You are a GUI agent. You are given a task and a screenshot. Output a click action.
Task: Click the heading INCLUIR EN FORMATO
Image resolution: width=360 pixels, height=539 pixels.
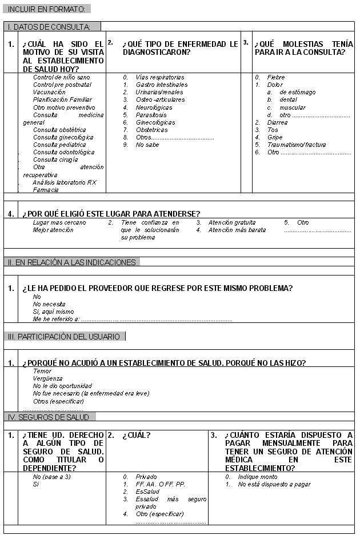point(47,9)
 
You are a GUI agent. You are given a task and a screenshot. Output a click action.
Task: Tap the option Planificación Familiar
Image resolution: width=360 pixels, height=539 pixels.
point(62,99)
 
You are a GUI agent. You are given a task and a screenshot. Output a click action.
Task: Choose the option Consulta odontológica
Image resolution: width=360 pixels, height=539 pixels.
point(63,152)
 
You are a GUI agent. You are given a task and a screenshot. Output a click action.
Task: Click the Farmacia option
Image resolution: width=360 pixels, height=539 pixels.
point(46,189)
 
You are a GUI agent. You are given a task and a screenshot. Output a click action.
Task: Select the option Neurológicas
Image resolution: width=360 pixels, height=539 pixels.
point(154,107)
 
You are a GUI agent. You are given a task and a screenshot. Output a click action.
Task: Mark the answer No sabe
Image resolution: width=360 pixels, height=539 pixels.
point(147,145)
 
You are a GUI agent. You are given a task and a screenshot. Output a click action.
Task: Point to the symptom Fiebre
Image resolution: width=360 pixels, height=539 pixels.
point(276,77)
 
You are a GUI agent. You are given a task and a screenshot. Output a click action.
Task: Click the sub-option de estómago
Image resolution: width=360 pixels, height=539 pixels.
point(297,92)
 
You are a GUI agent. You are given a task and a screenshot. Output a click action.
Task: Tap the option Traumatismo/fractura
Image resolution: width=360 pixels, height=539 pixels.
point(297,145)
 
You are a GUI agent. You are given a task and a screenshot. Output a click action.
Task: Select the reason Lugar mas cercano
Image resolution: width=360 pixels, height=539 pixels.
point(59,222)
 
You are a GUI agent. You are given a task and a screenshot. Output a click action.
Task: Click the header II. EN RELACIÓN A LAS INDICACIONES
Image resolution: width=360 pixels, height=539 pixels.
point(72,262)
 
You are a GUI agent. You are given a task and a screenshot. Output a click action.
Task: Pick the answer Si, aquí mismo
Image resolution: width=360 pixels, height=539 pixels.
point(54,312)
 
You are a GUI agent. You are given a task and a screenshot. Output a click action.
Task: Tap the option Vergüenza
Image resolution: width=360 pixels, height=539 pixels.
point(48,378)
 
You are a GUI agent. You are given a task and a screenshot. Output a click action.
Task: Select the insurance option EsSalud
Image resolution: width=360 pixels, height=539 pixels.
point(147,491)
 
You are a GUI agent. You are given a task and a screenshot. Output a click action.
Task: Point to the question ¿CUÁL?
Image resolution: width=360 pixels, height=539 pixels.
point(137,436)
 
